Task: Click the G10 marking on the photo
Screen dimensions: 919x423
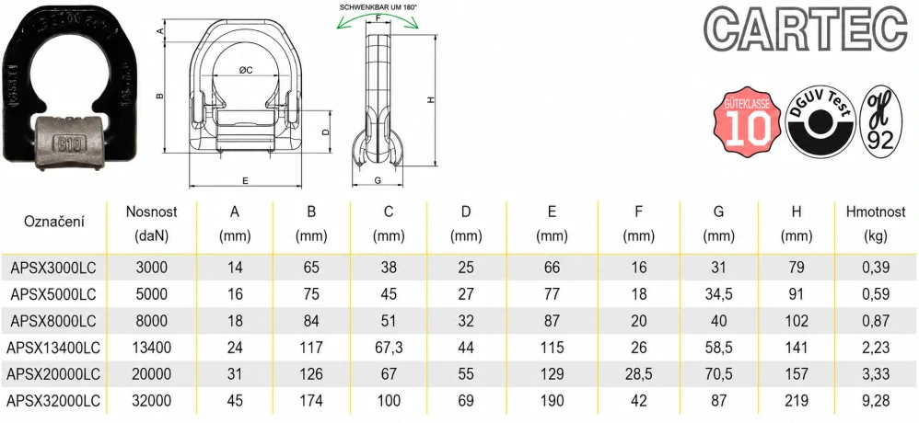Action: [70, 143]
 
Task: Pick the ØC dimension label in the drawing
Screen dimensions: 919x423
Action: [246, 70]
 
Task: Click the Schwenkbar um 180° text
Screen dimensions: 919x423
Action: [377, 7]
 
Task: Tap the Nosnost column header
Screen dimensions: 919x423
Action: [151, 223]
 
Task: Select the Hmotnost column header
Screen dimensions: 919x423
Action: [876, 223]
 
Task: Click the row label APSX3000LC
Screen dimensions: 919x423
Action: [53, 268]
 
